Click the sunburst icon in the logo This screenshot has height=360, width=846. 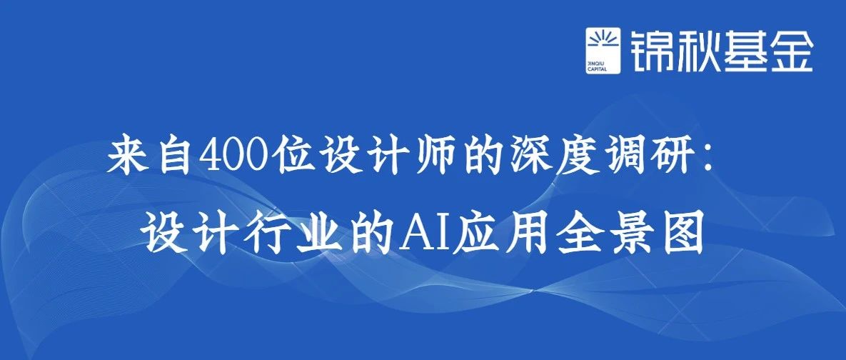(603, 41)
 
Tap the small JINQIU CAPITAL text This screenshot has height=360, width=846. (597, 66)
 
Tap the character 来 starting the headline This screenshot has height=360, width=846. (127, 158)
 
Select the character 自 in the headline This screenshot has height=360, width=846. (173, 158)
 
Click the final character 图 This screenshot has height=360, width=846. (683, 235)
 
